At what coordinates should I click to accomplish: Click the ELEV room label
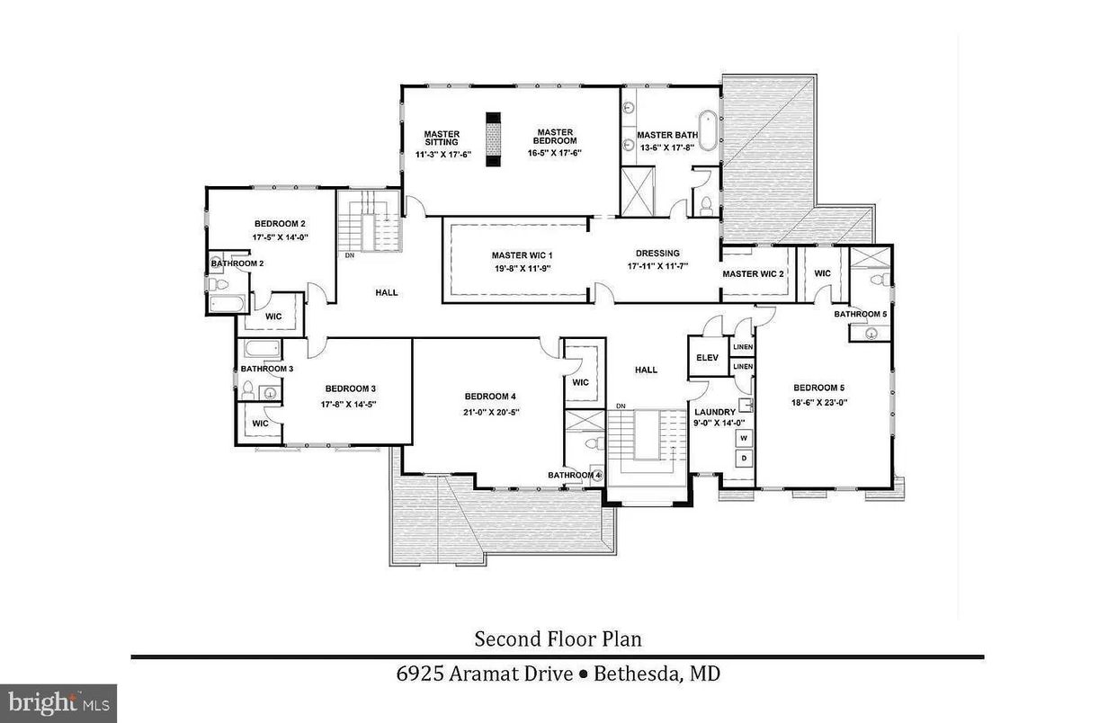click(x=704, y=358)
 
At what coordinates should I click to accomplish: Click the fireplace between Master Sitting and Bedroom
click(x=493, y=139)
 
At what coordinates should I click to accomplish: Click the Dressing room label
click(x=657, y=254)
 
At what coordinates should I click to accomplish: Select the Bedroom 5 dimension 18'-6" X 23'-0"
click(x=819, y=403)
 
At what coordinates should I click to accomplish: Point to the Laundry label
click(x=715, y=413)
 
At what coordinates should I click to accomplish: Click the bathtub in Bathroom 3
click(x=261, y=349)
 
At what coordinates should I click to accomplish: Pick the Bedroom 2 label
click(x=280, y=224)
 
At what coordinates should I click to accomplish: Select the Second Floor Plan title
click(x=558, y=639)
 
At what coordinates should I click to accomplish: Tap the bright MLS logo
click(x=58, y=701)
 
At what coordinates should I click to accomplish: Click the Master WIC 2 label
click(x=753, y=273)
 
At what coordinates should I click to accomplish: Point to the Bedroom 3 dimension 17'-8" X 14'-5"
click(x=348, y=404)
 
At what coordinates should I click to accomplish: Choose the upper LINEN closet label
click(x=743, y=347)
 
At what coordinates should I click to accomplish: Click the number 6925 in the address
click(x=421, y=674)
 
